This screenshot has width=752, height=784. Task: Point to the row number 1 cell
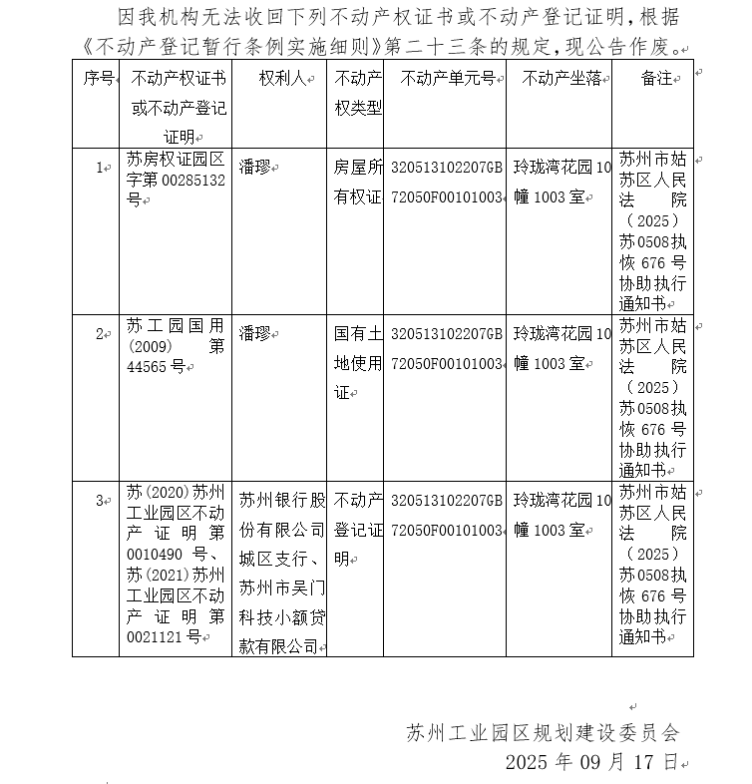99,168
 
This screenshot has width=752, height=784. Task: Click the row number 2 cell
99,334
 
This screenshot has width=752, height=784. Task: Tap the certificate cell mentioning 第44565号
176,344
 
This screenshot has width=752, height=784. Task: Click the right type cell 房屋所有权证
357,183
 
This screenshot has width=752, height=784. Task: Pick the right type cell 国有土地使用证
357,363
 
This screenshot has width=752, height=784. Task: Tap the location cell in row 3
562,515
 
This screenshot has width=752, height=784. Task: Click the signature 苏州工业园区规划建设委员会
543,733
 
